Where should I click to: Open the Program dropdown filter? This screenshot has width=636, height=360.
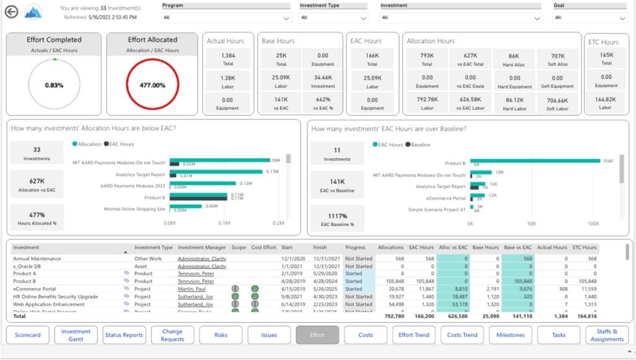(x=226, y=18)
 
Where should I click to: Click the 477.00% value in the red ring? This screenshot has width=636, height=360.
(x=153, y=85)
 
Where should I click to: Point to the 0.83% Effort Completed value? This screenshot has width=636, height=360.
(x=54, y=85)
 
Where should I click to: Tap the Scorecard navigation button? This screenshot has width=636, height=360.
(x=28, y=335)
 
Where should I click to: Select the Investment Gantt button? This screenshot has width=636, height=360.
(x=76, y=335)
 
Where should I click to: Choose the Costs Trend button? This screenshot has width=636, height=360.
(x=463, y=335)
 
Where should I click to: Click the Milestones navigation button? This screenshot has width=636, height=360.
(x=511, y=335)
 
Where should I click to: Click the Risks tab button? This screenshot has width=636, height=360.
(x=220, y=335)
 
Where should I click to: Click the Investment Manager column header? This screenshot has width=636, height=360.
(x=202, y=248)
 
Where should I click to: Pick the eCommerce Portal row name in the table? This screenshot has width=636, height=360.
(x=34, y=289)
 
